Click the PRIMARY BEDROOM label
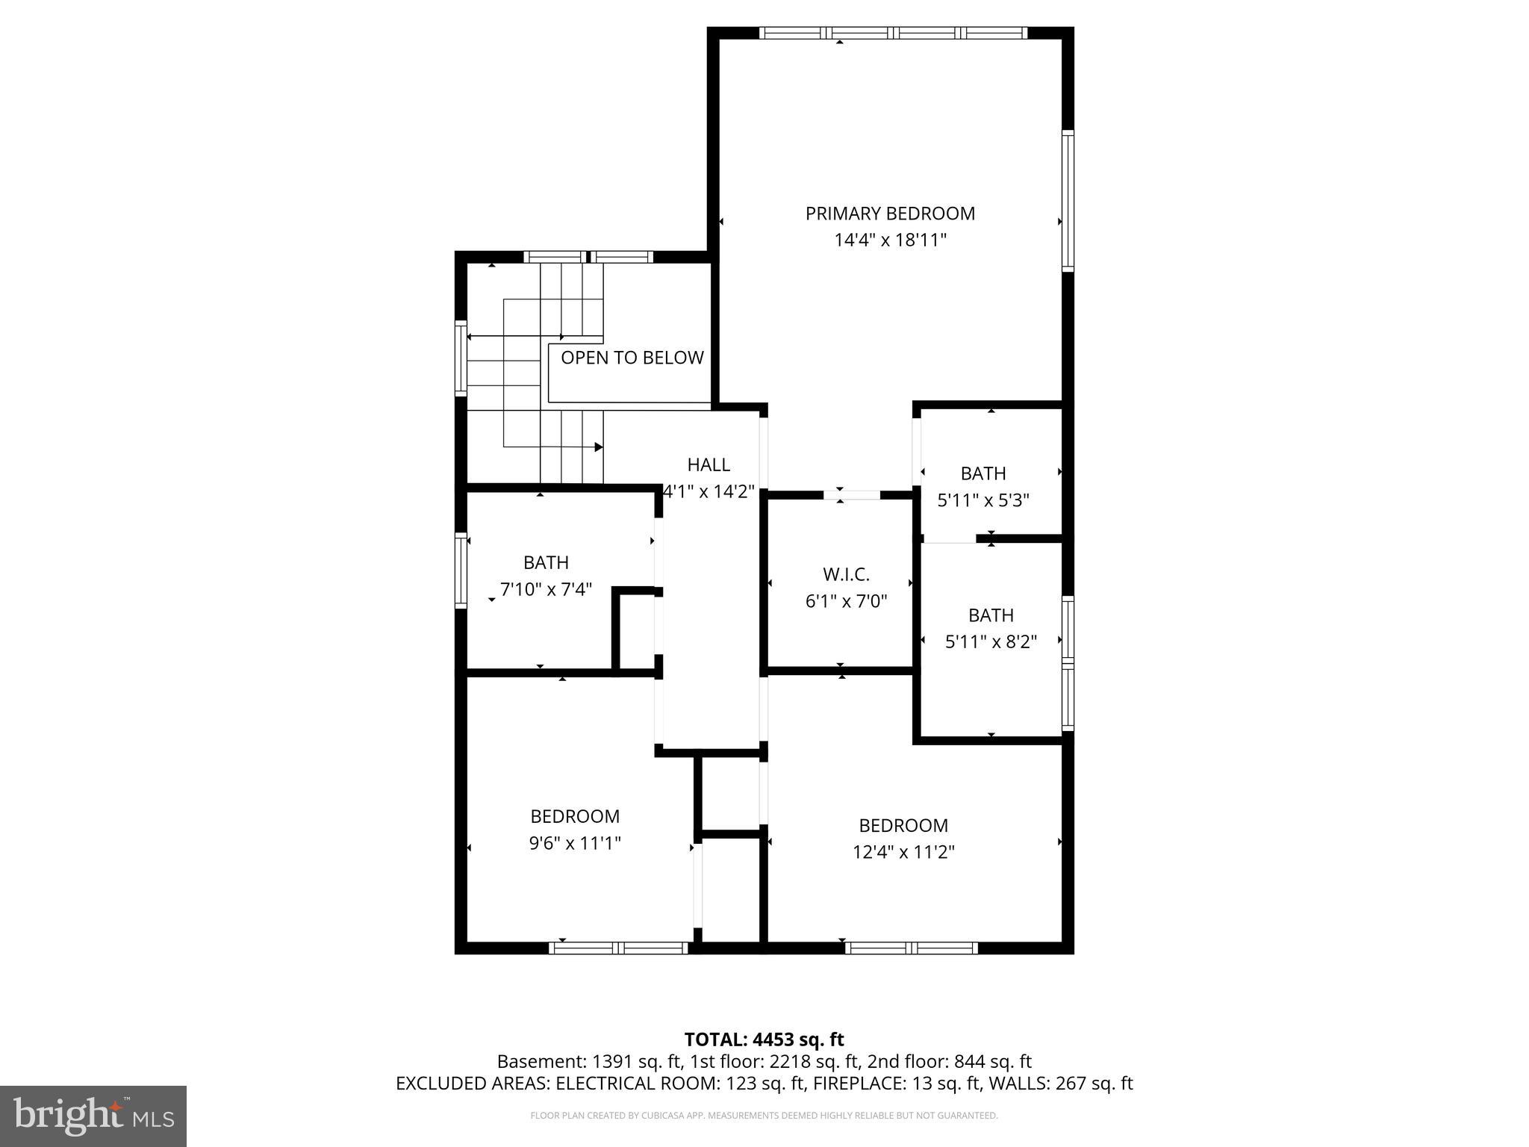(x=889, y=214)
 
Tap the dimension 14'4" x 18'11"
(x=890, y=240)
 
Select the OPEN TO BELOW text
(x=632, y=358)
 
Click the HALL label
(x=708, y=464)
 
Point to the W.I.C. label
(x=846, y=574)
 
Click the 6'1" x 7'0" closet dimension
(x=846, y=601)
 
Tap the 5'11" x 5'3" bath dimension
(x=983, y=500)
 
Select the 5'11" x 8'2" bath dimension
(x=991, y=641)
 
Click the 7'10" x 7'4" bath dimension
(x=546, y=589)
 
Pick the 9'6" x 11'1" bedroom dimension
(x=575, y=843)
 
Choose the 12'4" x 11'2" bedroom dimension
(x=903, y=852)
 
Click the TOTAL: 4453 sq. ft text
(x=764, y=1039)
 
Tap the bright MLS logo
(x=93, y=1116)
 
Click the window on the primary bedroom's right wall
(x=1068, y=200)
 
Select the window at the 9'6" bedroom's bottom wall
(x=618, y=948)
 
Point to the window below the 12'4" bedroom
(x=911, y=948)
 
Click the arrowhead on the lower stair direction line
(x=599, y=447)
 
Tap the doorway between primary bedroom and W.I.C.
(x=852, y=494)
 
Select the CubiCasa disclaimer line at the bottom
(x=764, y=1116)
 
